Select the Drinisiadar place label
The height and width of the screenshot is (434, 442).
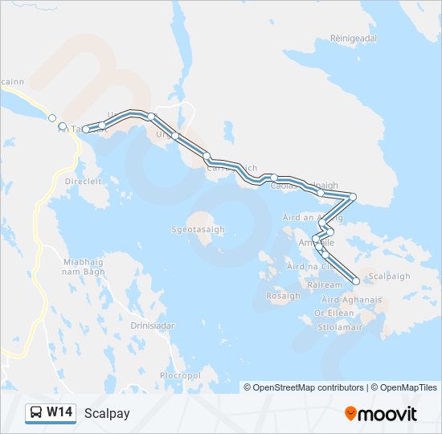(x=153, y=325)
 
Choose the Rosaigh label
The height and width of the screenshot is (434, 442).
(x=283, y=296)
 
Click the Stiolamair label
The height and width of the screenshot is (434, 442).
(x=337, y=327)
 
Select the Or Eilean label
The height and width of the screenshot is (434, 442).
(x=334, y=313)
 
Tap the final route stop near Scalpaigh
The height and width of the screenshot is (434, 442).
(x=356, y=281)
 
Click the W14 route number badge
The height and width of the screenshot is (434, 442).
(x=59, y=413)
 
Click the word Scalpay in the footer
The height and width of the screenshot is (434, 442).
(x=106, y=414)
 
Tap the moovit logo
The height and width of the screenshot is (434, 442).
(x=381, y=414)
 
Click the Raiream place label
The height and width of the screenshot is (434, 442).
(x=325, y=285)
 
